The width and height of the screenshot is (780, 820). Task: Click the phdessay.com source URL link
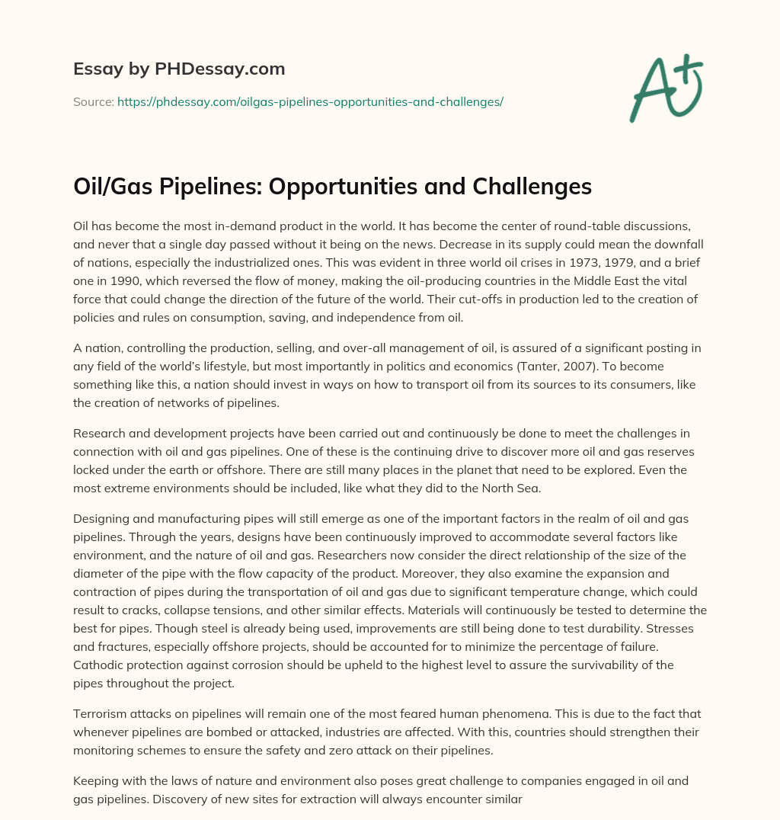coord(310,101)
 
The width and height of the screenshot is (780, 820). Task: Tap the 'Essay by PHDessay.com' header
coord(179,69)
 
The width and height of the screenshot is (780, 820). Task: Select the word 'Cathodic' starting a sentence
coord(97,665)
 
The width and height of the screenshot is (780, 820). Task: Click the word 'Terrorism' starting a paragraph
coord(101,713)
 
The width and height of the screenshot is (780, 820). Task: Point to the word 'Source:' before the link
coord(93,101)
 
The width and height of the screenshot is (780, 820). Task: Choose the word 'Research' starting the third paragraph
coord(99,433)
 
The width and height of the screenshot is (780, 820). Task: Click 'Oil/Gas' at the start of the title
coord(113,187)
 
